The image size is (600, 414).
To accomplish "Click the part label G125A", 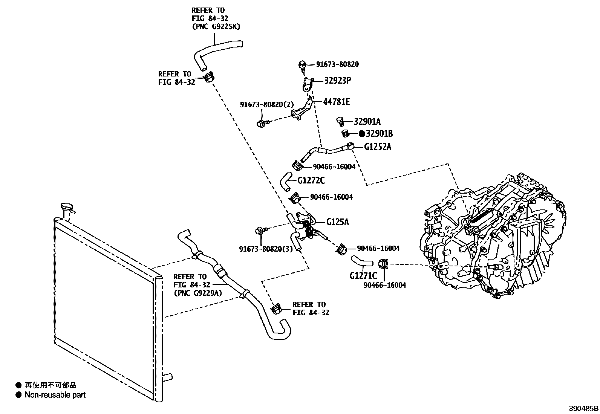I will point(337,222).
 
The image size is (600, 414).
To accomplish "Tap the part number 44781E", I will point(336,102).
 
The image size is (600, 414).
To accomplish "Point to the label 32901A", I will point(367,121).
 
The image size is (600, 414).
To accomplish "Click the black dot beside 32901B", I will point(361,133).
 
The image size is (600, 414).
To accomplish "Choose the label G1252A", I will point(377,147).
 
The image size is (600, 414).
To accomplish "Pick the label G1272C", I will point(311,180).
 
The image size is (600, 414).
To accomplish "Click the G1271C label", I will point(363,275).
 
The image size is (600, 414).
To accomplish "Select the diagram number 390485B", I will point(584,408).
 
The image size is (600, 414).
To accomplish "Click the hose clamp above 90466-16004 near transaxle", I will point(383,264).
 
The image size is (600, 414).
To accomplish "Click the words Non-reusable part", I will point(55,395).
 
